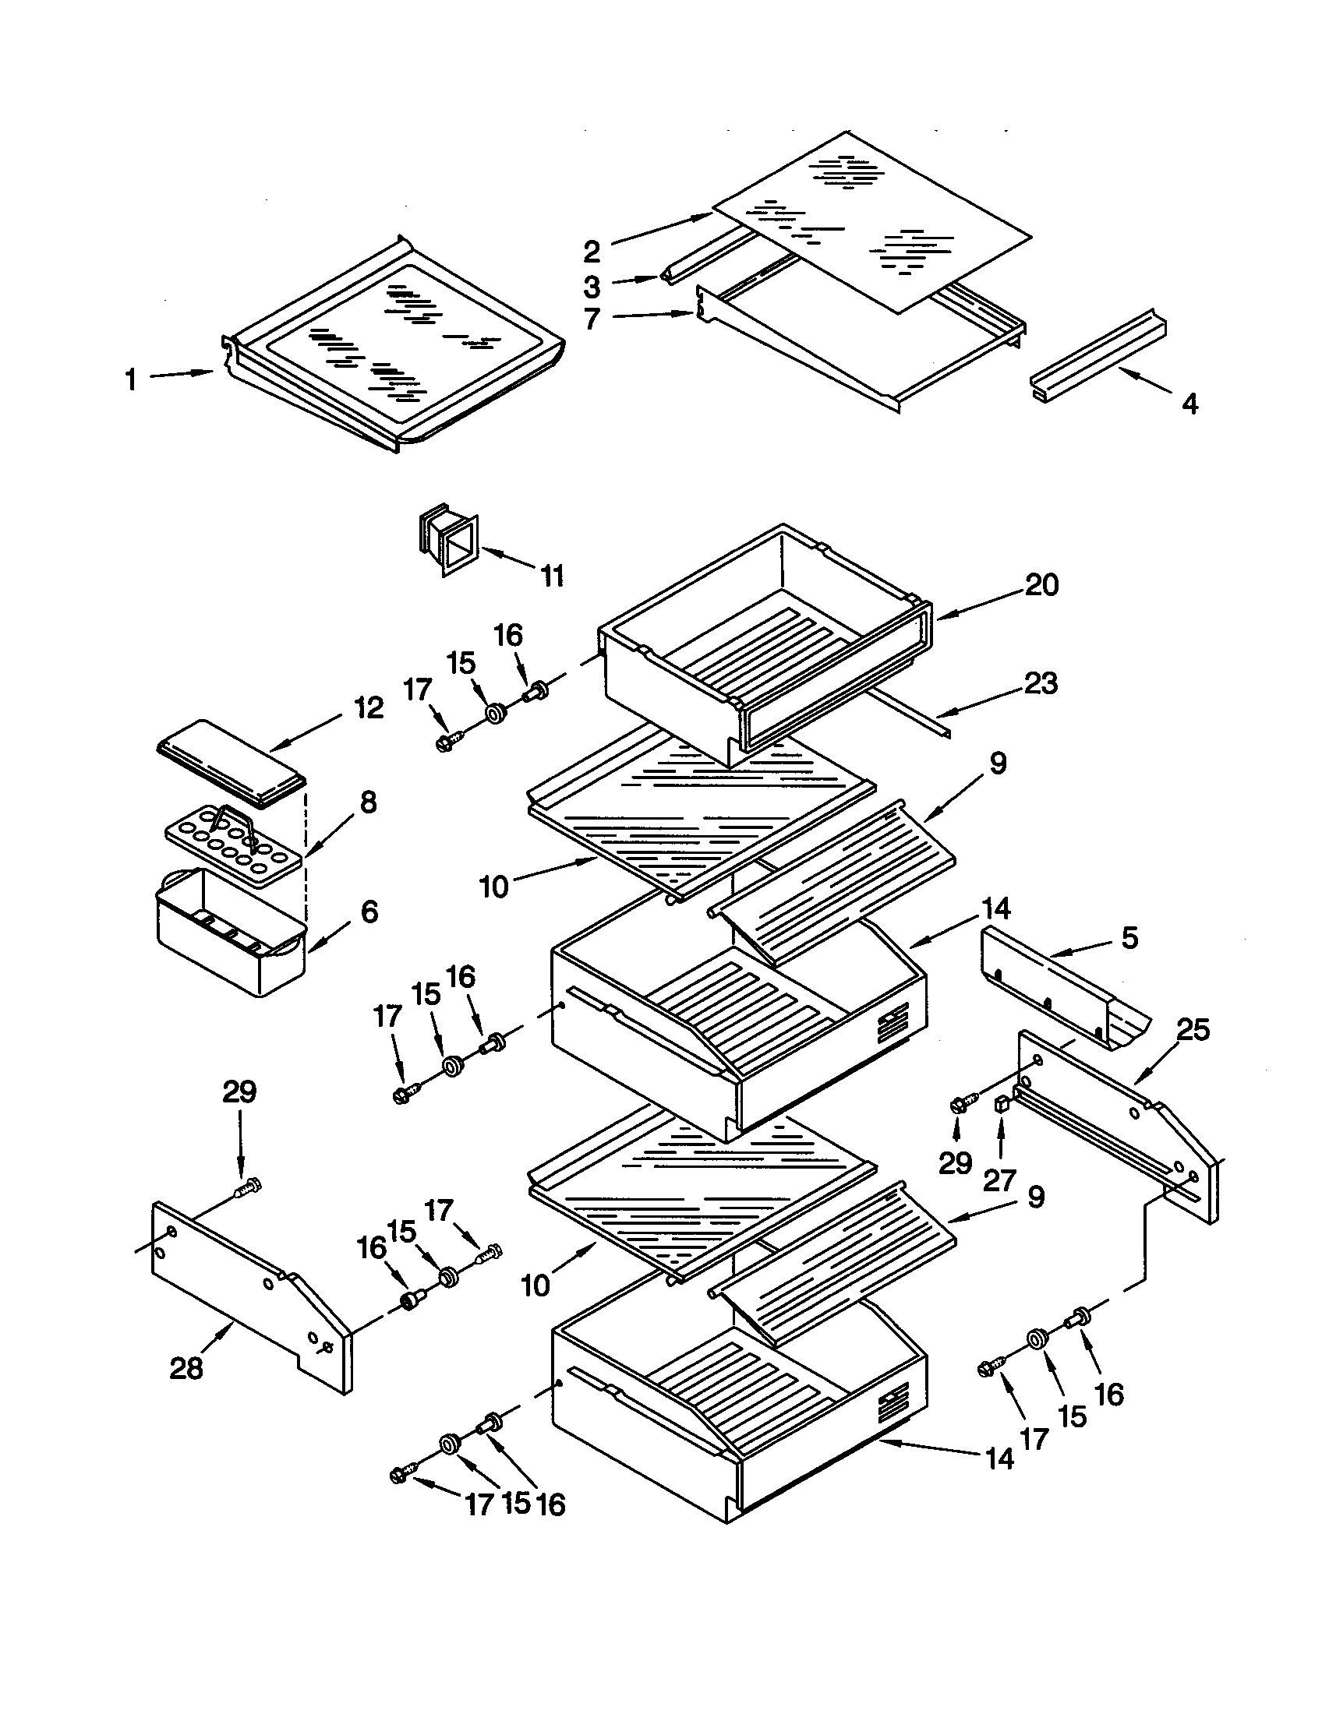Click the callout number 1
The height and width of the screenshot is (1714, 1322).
[131, 381]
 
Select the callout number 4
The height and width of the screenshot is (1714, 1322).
[1190, 404]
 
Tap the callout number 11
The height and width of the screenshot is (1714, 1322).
[552, 577]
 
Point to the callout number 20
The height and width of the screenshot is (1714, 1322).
[1041, 584]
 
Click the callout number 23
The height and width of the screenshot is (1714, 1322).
[1041, 682]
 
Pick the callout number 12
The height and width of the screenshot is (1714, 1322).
[368, 708]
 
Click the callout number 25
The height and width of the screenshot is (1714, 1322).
[1193, 1029]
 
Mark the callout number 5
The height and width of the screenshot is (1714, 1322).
[1129, 938]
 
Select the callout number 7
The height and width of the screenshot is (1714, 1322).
[592, 319]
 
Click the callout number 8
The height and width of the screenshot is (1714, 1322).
[367, 802]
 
